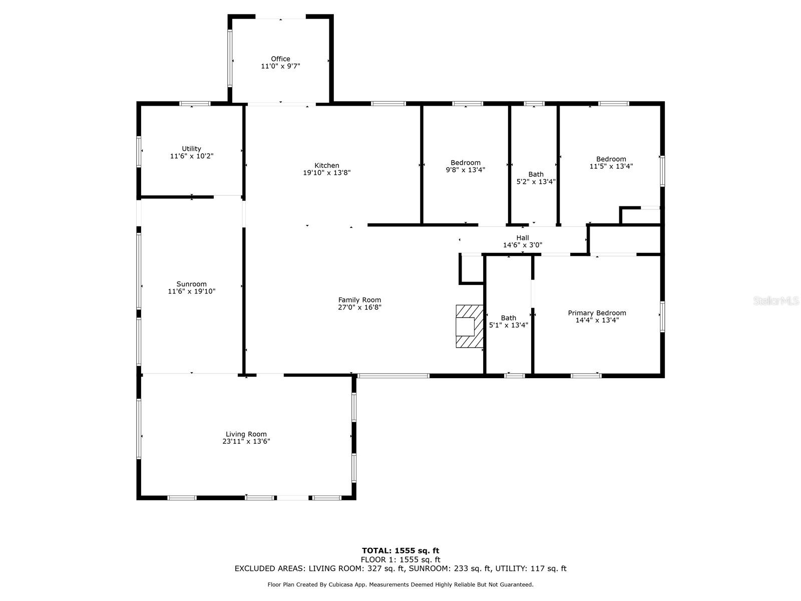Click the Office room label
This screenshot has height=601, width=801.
coord(280,59)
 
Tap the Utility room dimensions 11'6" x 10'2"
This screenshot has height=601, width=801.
coord(192,156)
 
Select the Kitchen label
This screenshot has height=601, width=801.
coord(326,165)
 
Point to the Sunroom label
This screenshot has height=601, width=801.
coord(192,284)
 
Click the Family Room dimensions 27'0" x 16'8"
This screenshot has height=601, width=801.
coord(359,307)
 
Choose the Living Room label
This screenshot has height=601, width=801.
coord(246,434)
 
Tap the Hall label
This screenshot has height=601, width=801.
coord(523,238)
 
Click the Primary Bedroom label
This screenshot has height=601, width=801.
coord(597,313)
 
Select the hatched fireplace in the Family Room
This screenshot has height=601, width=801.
coord(469,326)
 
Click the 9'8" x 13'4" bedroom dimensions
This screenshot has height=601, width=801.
coord(465,170)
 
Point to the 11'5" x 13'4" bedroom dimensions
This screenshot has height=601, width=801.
coord(611,166)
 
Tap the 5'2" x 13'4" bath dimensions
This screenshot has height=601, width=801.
coord(536,182)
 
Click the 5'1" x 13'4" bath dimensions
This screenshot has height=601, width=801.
coord(508,325)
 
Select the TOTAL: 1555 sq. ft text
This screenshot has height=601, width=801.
coord(400,550)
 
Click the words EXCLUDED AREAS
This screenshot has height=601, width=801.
coord(270,568)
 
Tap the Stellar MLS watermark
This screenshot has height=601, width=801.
coord(776,300)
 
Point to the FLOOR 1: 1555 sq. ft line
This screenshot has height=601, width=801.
coord(400,560)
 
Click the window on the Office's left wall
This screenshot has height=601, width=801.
coord(230,59)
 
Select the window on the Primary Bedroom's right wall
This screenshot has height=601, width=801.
coord(662,317)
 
